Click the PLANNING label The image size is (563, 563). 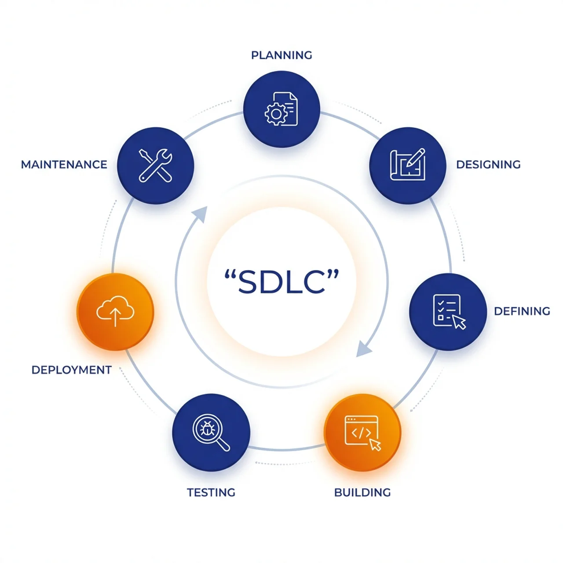(281, 55)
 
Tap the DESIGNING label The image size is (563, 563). (488, 165)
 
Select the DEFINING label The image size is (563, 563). (522, 311)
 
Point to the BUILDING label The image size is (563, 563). (362, 492)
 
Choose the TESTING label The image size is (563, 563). (211, 492)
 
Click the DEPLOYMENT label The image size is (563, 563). (71, 370)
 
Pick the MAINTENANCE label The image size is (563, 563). (64, 165)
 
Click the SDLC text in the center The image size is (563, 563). (281, 281)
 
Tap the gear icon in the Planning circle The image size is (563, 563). (275, 114)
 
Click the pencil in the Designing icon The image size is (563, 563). (415, 158)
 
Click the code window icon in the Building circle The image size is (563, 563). (361, 430)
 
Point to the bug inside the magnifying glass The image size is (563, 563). (207, 428)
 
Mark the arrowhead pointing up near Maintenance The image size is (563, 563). (201, 214)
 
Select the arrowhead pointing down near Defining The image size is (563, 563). (364, 349)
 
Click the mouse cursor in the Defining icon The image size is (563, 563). (459, 322)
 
